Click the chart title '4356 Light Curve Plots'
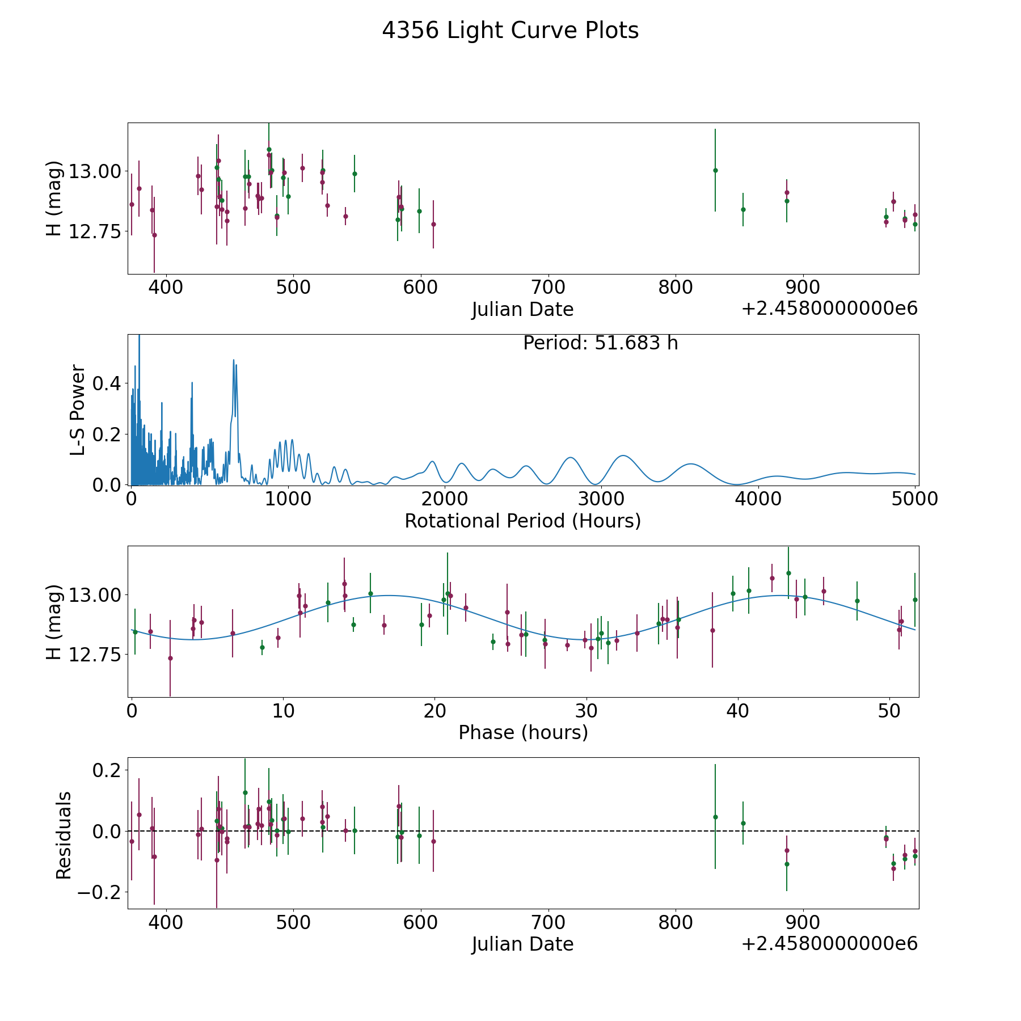pyautogui.click(x=510, y=31)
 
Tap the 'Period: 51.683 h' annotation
pyautogui.click(x=600, y=343)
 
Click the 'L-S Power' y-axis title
pyautogui.click(x=78, y=410)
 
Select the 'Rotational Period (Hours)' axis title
pyautogui.click(x=522, y=521)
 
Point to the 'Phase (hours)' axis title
pyautogui.click(x=523, y=732)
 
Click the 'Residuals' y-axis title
pyautogui.click(x=64, y=836)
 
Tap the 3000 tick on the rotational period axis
pyautogui.click(x=601, y=499)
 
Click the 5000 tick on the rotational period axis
pyautogui.click(x=914, y=499)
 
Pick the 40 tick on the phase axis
pyautogui.click(x=738, y=710)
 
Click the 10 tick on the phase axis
pyautogui.click(x=282, y=710)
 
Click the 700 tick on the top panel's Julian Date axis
pyautogui.click(x=549, y=287)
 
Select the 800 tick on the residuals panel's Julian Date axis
pyautogui.click(x=676, y=922)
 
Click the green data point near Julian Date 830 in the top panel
pyautogui.click(x=715, y=170)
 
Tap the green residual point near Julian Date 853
pyautogui.click(x=743, y=823)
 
